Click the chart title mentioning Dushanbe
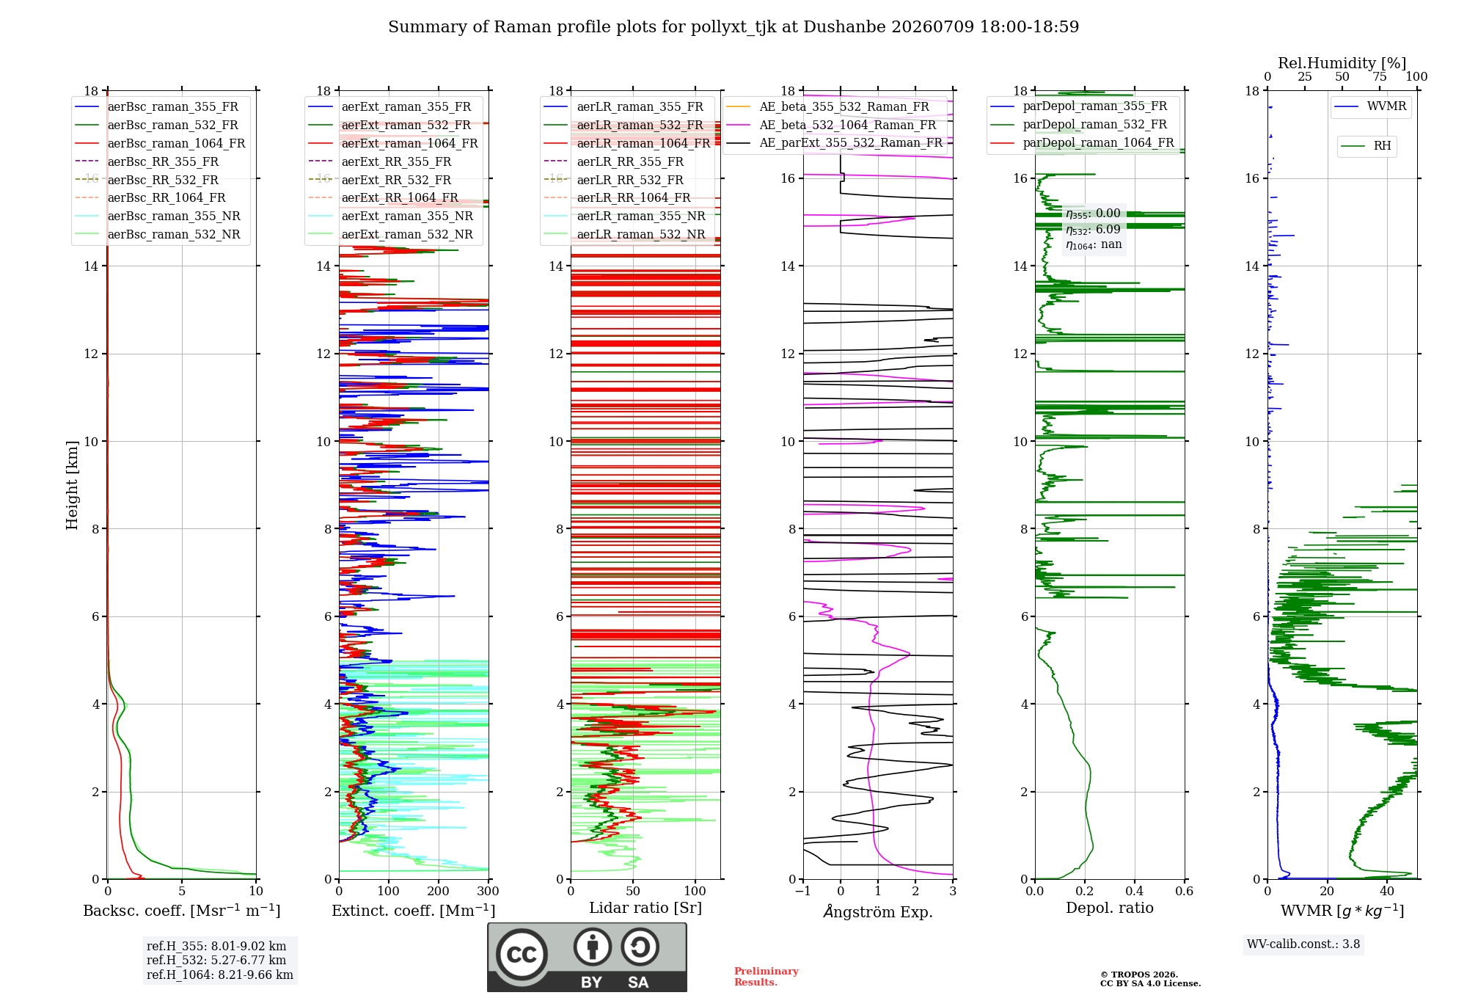click(x=733, y=27)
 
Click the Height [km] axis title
click(x=72, y=485)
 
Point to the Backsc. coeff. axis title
click(x=182, y=911)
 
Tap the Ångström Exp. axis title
click(x=878, y=911)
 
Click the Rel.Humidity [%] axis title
click(x=1342, y=63)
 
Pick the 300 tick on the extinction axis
click(x=488, y=891)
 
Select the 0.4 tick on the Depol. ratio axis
click(x=1134, y=891)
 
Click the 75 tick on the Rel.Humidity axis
click(x=1380, y=77)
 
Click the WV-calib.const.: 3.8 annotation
click(x=1303, y=944)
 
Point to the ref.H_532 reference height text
click(x=216, y=961)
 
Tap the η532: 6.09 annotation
click(x=1093, y=230)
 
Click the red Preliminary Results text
click(x=767, y=977)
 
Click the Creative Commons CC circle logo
click(x=522, y=955)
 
